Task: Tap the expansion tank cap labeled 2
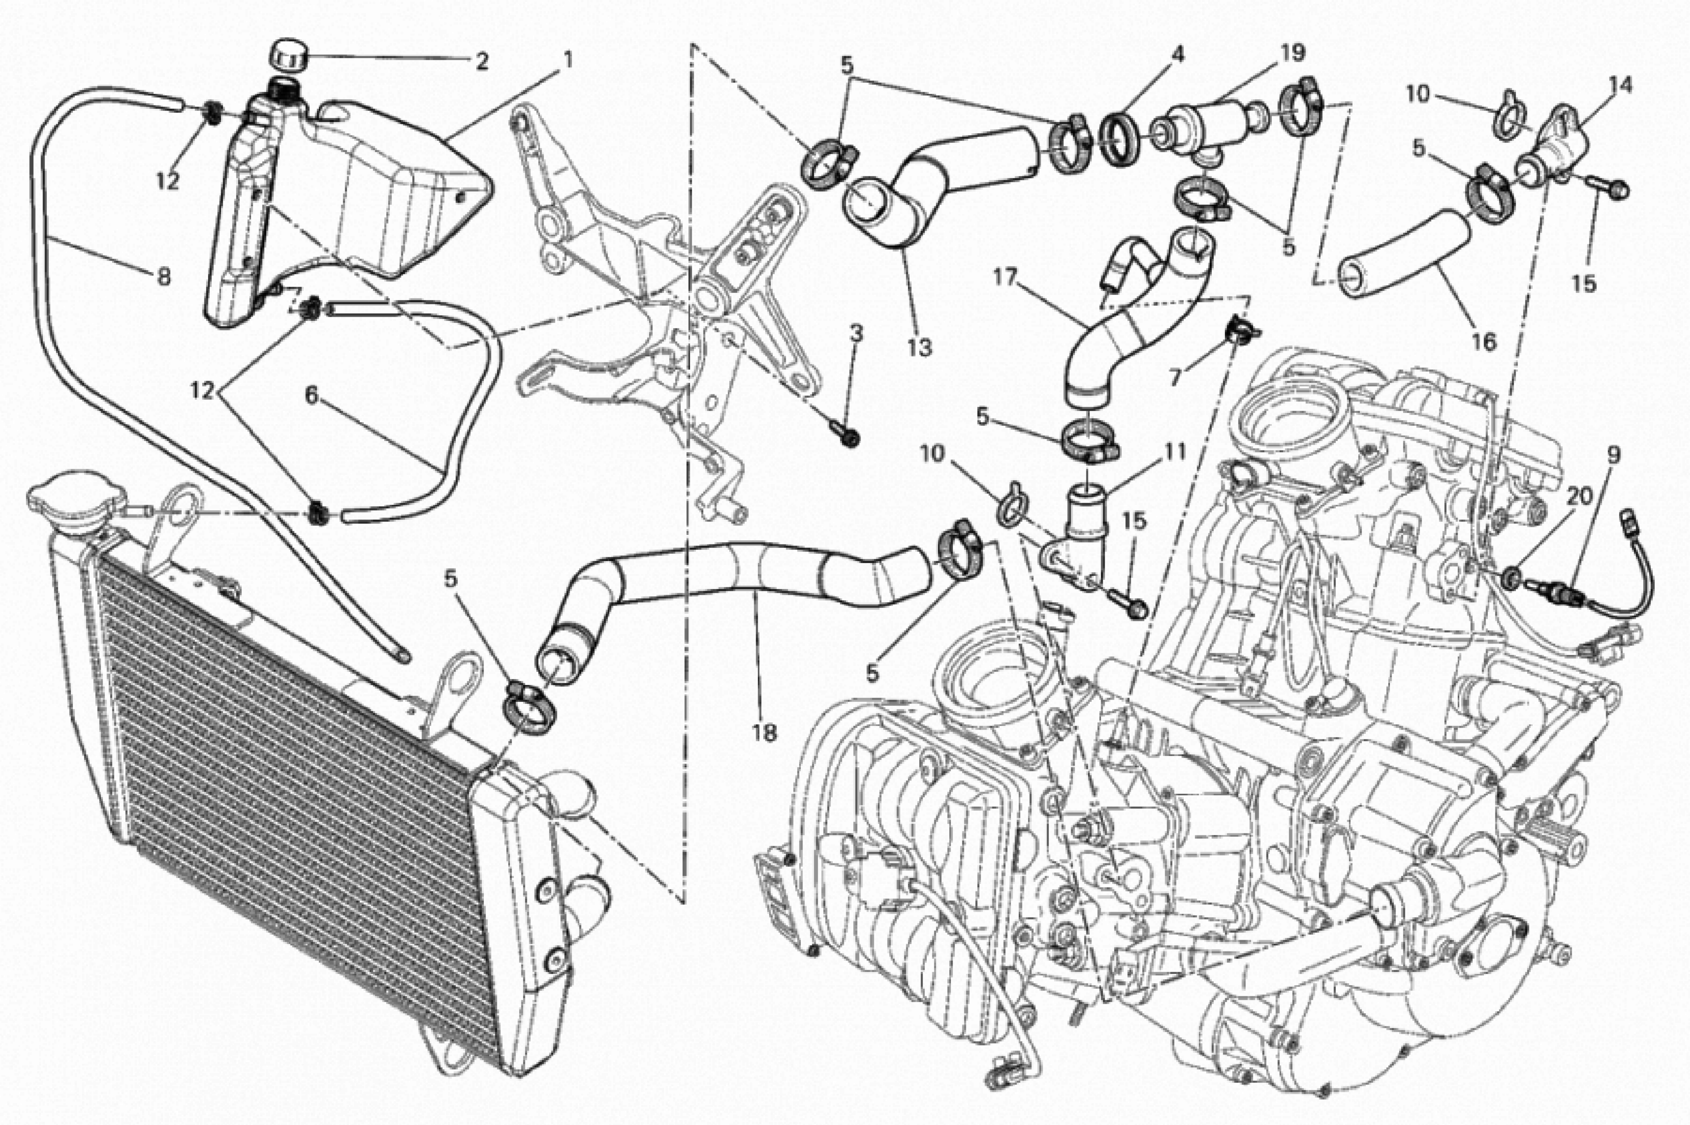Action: click(x=288, y=56)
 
